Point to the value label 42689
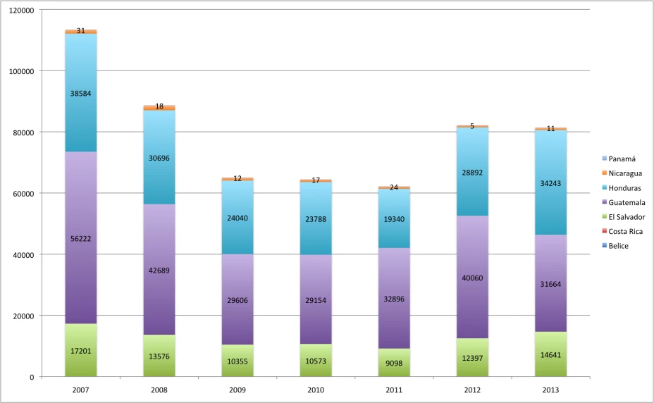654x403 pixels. (x=159, y=271)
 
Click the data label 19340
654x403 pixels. (x=394, y=219)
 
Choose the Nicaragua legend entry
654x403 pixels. (x=625, y=173)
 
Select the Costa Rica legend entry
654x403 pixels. (x=625, y=231)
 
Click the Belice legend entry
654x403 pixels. (x=619, y=245)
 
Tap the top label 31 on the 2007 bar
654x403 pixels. (x=81, y=30)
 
